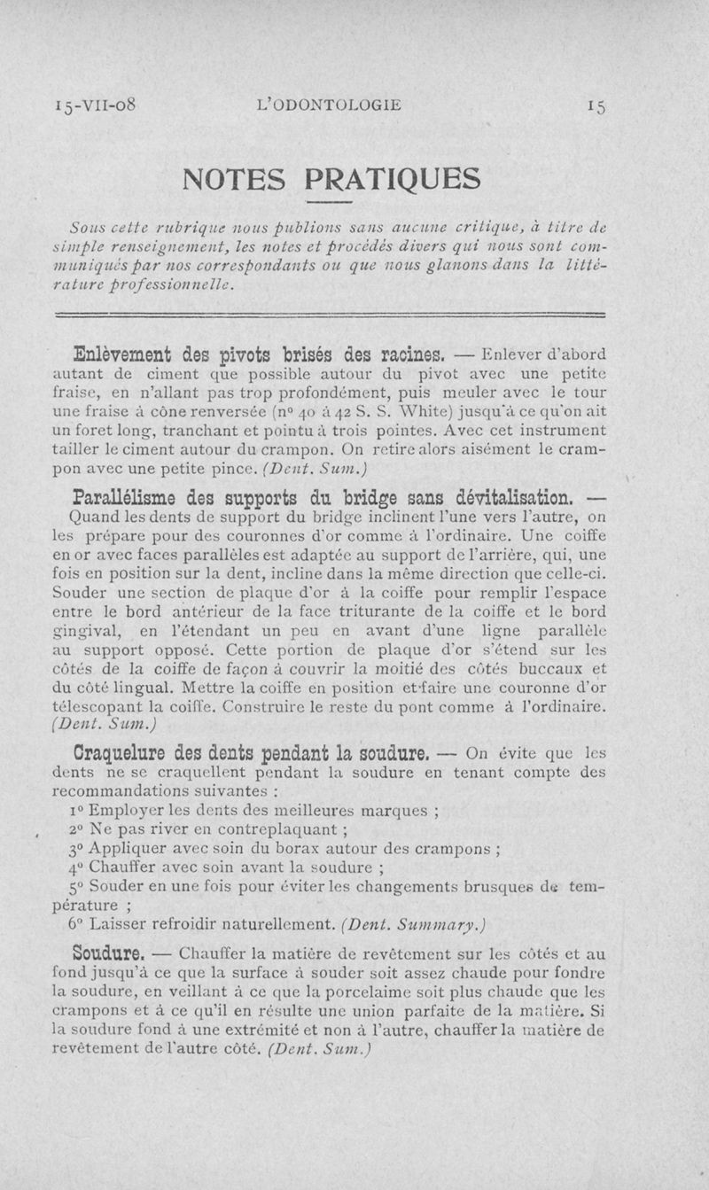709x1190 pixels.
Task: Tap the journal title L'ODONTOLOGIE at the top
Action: point(328,105)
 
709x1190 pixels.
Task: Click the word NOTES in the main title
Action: point(235,180)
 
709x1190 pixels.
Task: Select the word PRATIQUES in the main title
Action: point(392,180)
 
